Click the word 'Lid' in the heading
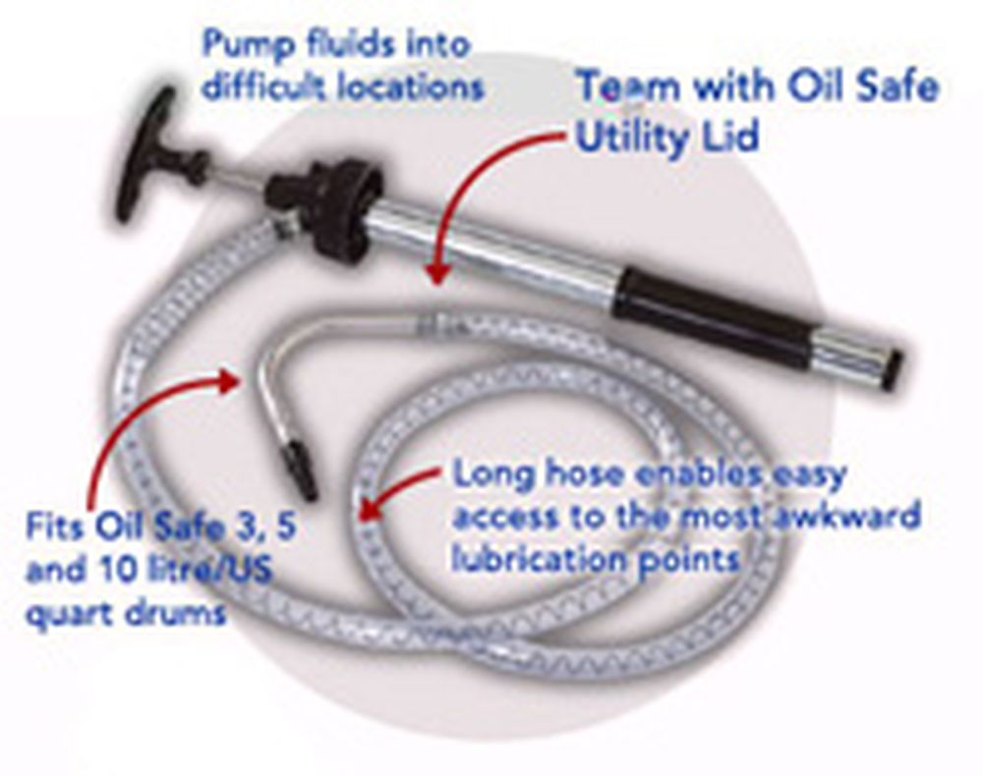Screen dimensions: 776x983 point(731,137)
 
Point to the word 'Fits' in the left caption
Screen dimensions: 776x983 point(58,530)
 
